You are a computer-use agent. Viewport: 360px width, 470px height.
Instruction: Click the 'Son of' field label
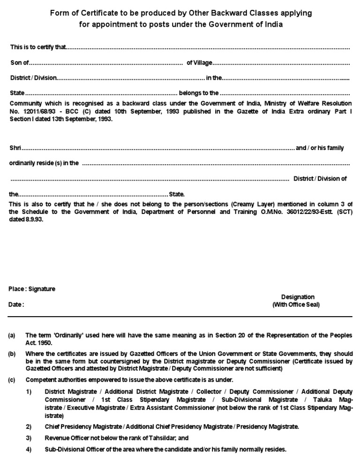19,63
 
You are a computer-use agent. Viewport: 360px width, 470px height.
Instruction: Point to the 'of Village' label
200,63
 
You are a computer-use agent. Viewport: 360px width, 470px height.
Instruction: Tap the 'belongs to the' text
199,93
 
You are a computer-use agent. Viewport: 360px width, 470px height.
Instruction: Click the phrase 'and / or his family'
320,148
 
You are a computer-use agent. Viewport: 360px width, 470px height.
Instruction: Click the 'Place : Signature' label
32,289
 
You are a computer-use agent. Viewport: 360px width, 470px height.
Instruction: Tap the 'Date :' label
16,304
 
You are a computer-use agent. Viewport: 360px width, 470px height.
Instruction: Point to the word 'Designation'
298,297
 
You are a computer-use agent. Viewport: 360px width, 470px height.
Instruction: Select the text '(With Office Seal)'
296,304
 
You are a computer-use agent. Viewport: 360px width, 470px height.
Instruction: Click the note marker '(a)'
12,335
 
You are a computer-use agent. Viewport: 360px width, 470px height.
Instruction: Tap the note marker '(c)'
12,379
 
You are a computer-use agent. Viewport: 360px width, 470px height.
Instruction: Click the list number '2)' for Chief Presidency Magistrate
29,426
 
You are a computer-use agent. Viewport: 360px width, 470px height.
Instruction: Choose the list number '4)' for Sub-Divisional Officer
29,449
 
